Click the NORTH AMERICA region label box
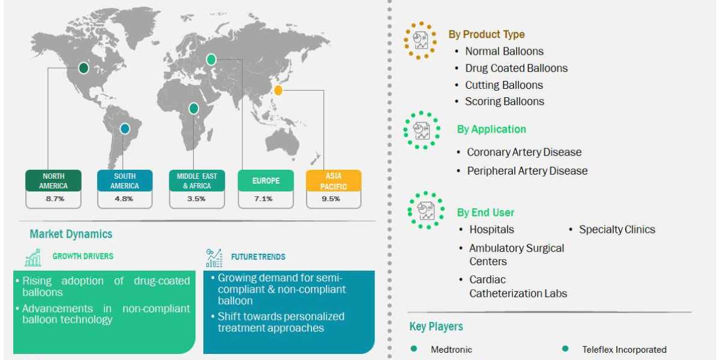[53, 181]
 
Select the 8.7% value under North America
[53, 199]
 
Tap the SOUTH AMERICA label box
[125, 181]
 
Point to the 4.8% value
[125, 199]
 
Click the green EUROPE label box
[266, 181]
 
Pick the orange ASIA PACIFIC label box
[334, 181]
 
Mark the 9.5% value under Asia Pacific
[334, 199]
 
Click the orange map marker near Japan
[278, 91]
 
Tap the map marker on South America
[124, 128]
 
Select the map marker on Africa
[194, 109]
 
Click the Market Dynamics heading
[71, 234]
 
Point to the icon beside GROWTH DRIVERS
[33, 258]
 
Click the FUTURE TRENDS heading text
[258, 257]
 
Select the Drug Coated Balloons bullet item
[516, 68]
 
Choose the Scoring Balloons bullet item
[504, 101]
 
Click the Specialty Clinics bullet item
[617, 230]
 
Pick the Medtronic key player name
[451, 349]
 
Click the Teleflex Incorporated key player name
[624, 349]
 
